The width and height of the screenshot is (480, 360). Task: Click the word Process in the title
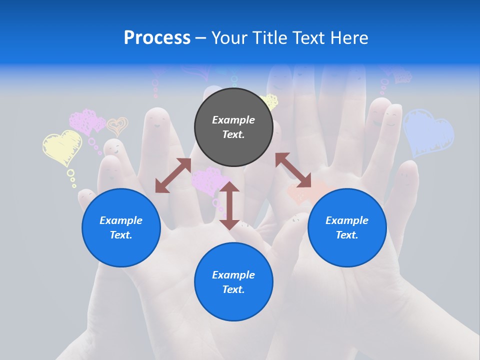pos(157,38)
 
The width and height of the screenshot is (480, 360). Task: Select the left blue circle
pos(121,227)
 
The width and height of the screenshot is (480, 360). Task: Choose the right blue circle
pos(347,227)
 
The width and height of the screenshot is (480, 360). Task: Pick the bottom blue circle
pos(233,281)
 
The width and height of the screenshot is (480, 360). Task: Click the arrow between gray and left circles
pos(173,175)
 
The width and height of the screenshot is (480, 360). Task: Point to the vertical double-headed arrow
pos(229,205)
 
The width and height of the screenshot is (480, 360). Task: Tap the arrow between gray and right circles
pos(293,170)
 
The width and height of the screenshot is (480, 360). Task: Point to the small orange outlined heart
pos(117,126)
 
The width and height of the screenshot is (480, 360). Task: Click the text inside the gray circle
pos(233,127)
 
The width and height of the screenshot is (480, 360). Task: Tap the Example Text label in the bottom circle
pos(233,282)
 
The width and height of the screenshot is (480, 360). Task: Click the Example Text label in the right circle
pos(347,227)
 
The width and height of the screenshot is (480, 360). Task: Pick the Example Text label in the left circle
pos(121,227)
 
